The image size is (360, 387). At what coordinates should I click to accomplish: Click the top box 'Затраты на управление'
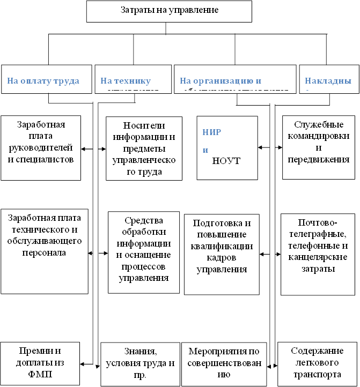point(168,11)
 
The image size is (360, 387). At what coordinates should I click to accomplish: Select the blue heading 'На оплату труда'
point(43,81)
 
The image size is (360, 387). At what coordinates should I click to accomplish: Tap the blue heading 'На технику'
point(126,81)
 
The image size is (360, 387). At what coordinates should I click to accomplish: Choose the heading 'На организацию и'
point(221,81)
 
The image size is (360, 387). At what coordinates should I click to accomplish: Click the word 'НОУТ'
point(226,160)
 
